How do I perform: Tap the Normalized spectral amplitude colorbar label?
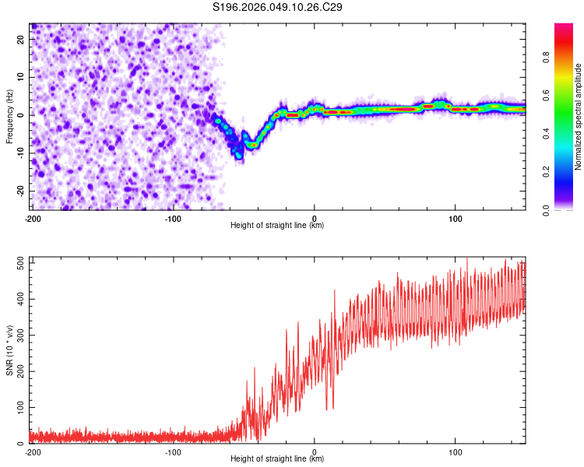[579, 117]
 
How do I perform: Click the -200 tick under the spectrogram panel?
[33, 218]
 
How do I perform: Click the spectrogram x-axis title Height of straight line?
[277, 226]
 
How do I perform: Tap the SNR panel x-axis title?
[277, 459]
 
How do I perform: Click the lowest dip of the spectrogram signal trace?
[239, 156]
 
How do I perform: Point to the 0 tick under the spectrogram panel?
[314, 218]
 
